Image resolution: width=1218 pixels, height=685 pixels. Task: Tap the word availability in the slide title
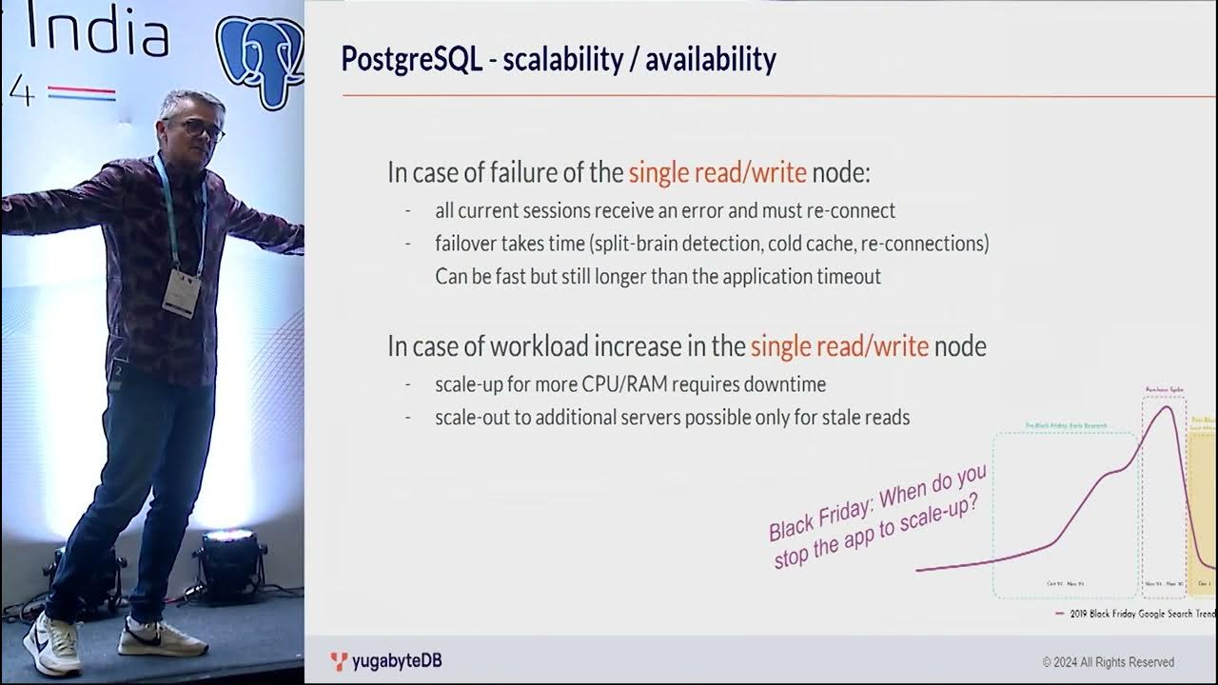pos(710,60)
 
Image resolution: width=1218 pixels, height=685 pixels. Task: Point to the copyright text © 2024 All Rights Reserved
pos(1108,662)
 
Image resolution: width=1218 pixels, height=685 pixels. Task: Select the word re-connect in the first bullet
pos(854,210)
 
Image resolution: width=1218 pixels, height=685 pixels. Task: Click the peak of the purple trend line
pos(1163,407)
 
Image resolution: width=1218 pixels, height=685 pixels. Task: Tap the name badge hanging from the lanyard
pos(181,292)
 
